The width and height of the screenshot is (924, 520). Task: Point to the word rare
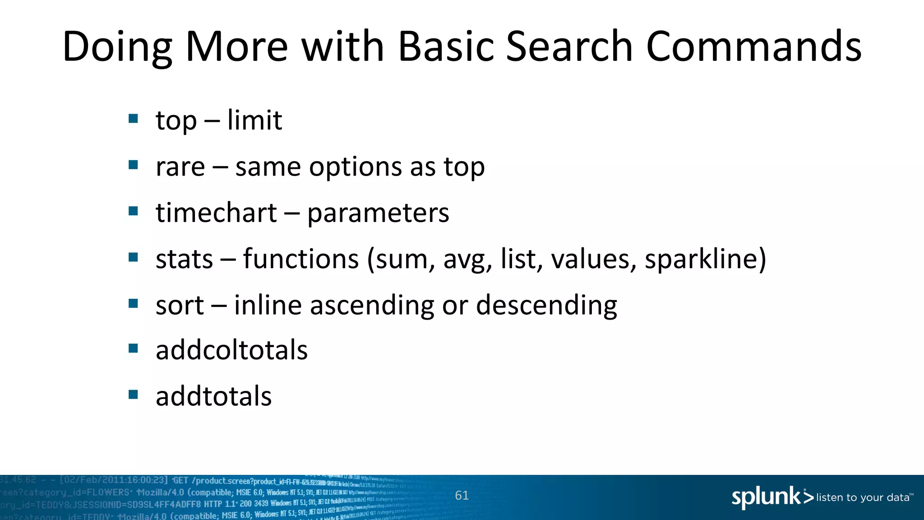pos(180,167)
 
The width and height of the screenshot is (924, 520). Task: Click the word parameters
pos(378,213)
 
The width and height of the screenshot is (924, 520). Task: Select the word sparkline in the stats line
pos(702,260)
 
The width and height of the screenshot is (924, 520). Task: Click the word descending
pos(546,306)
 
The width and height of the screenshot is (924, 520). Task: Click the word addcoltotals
pos(231,350)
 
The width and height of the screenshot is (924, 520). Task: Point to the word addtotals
pos(213,396)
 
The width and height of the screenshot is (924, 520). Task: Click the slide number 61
pos(462,495)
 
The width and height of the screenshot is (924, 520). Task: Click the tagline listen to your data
pos(863,497)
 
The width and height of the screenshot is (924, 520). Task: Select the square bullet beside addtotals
pos(133,395)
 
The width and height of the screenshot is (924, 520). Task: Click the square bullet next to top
pos(133,118)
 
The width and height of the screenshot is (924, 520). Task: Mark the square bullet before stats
pos(133,257)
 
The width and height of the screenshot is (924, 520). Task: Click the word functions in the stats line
pos(301,259)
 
